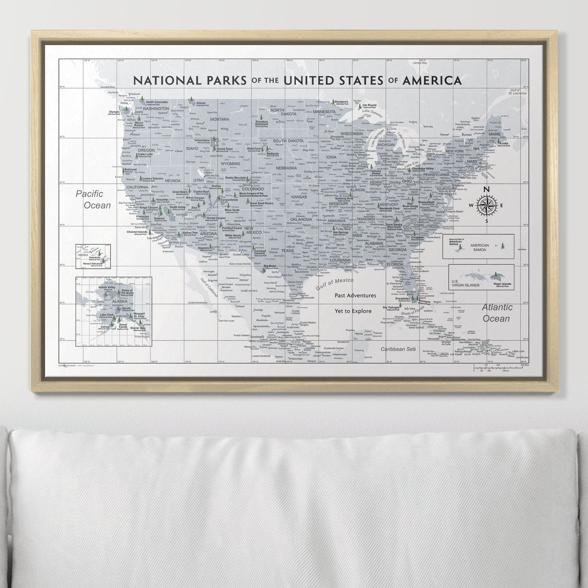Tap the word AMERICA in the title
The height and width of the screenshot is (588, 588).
point(431,80)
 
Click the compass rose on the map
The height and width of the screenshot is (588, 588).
point(486,205)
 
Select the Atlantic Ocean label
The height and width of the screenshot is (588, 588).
point(497,313)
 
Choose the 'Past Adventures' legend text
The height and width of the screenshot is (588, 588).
point(356,295)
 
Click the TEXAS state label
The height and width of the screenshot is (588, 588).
point(287,250)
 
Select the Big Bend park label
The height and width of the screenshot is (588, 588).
point(270,266)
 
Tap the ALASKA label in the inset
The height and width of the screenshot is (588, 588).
point(106,302)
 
